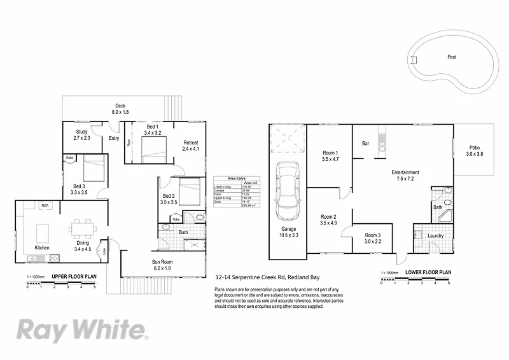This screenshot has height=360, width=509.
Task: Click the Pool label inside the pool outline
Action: (452, 57)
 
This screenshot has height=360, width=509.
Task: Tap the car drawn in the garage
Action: (289, 187)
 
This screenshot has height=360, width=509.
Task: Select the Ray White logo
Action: (82, 331)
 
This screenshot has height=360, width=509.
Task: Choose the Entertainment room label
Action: (405, 176)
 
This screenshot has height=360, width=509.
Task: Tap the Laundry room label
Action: (436, 236)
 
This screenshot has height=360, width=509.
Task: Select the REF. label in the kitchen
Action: (45, 205)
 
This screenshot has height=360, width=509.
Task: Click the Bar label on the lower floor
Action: (366, 143)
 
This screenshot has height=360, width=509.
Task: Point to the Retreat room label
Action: (191, 145)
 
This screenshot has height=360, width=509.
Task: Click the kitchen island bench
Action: (45, 229)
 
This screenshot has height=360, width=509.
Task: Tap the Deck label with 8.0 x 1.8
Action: (120, 109)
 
